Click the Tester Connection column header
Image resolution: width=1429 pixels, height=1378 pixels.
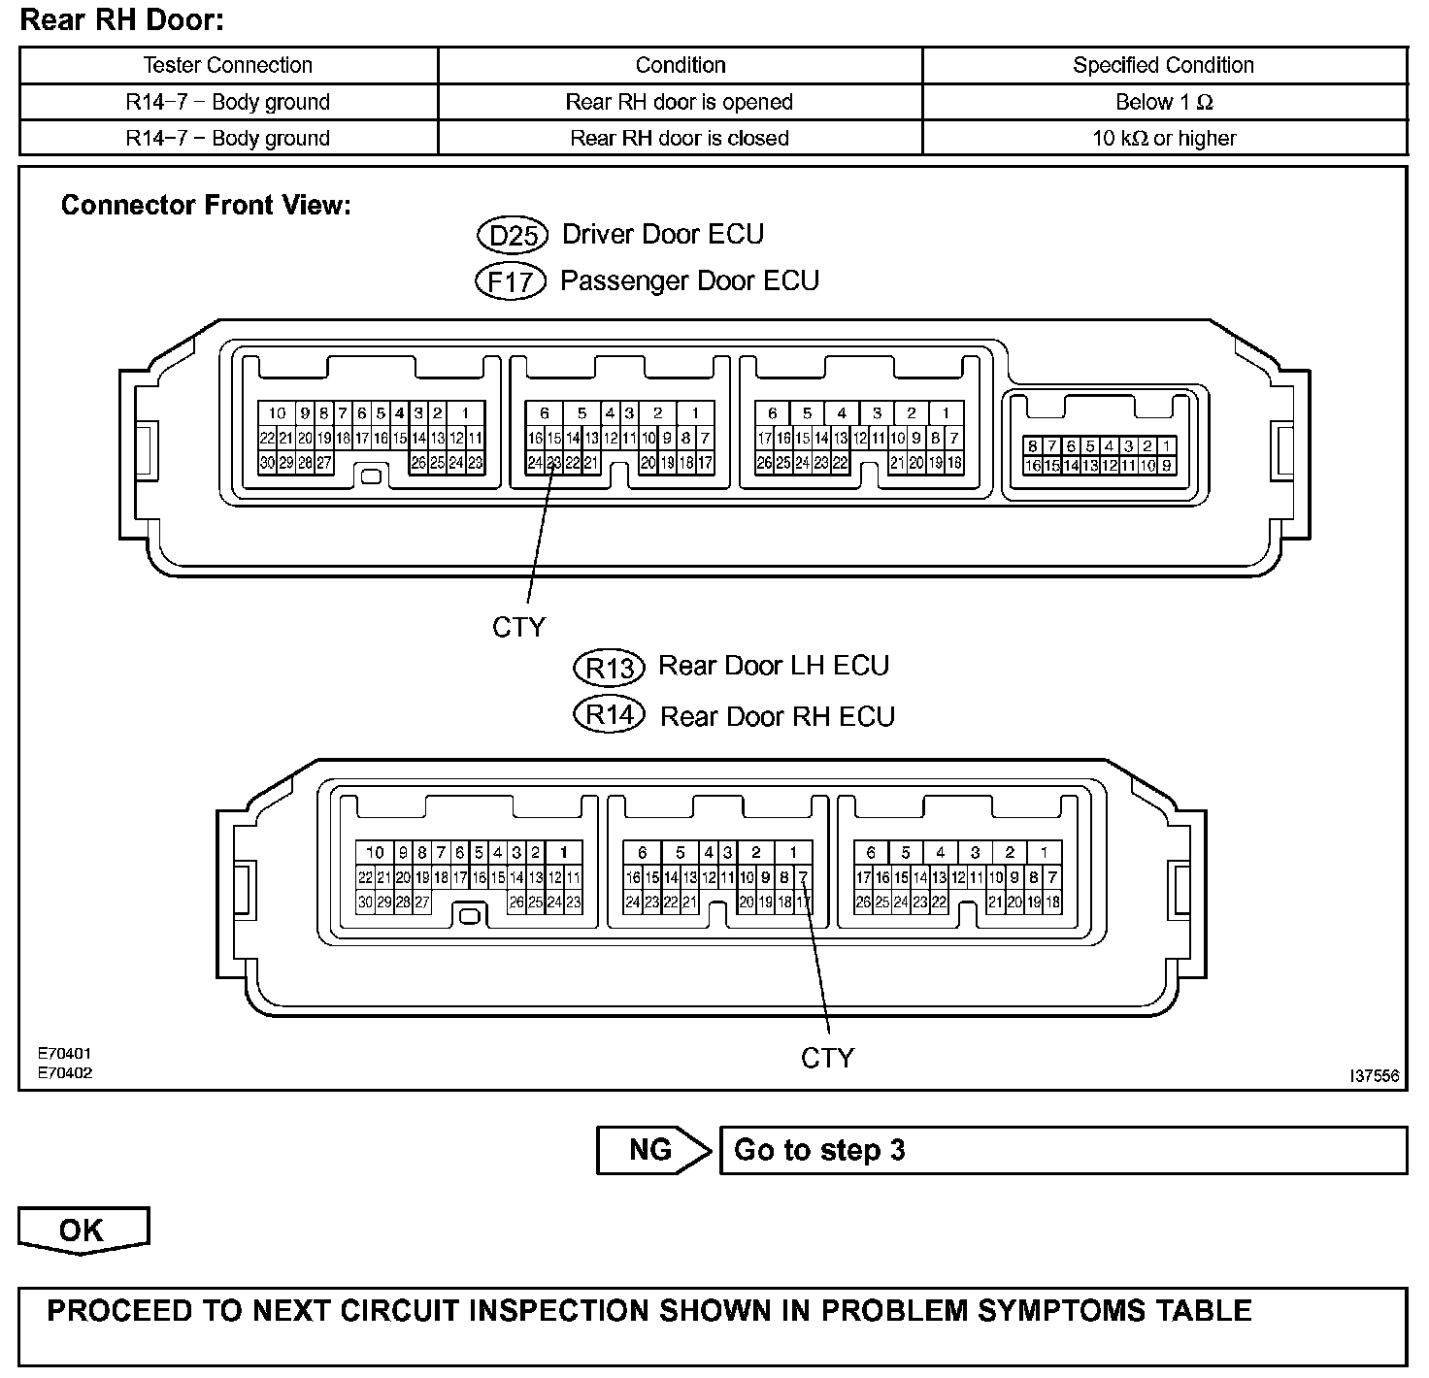[x=228, y=65]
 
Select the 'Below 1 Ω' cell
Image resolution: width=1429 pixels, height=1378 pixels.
[x=1164, y=102]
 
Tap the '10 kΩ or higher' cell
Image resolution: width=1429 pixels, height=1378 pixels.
[x=1164, y=138]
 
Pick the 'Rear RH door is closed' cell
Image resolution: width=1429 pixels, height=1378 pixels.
[x=680, y=138]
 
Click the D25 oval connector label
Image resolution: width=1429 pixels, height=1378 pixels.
[x=513, y=236]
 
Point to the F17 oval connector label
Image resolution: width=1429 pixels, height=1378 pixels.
[x=511, y=282]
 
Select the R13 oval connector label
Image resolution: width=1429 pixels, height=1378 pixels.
[x=610, y=668]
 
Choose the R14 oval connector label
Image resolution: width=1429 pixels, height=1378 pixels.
[x=610, y=716]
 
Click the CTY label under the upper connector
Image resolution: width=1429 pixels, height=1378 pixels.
[x=519, y=628]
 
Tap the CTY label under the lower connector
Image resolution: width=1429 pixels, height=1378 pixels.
[x=827, y=1059]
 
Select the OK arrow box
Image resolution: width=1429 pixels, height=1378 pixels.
[x=83, y=1230]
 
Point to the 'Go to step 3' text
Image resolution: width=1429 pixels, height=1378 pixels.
[x=819, y=1150]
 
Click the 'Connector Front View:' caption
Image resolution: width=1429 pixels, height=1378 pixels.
[x=206, y=206]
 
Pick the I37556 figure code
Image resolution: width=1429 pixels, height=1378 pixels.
[x=1374, y=1076]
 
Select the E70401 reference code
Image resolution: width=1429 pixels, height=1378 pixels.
[x=65, y=1053]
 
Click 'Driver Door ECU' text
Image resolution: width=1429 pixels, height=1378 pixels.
[x=663, y=235]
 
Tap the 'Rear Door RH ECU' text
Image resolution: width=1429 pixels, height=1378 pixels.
[x=777, y=717]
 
